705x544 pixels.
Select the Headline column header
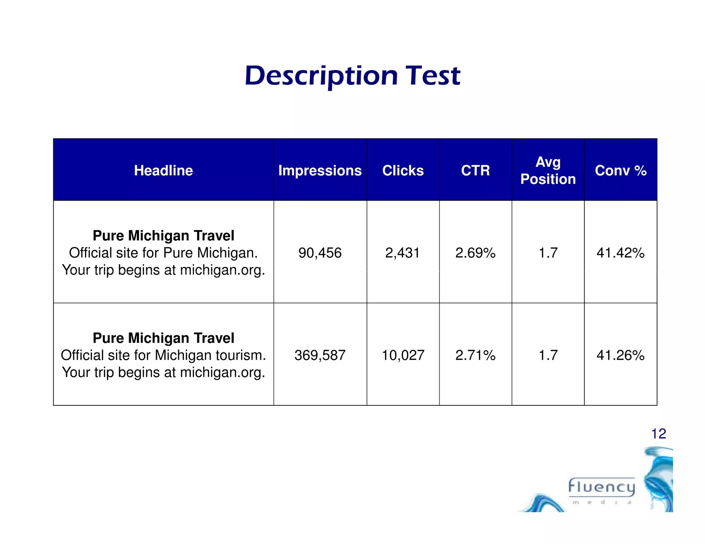point(163,171)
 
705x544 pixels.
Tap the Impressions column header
point(320,171)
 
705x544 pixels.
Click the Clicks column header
point(403,171)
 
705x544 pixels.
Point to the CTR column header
point(475,171)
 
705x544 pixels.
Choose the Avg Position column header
point(548,171)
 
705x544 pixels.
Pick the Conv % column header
point(621,171)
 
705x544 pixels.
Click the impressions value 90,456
point(320,253)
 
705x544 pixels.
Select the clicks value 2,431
point(403,253)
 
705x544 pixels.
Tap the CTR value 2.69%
point(475,253)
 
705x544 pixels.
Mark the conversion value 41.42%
point(620,253)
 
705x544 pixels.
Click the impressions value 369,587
point(320,355)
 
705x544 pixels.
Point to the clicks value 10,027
point(403,355)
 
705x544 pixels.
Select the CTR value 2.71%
point(475,355)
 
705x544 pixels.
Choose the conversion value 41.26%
point(620,355)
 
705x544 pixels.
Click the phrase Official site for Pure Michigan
point(163,253)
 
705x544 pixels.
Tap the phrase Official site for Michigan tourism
point(163,355)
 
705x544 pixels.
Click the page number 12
point(659,434)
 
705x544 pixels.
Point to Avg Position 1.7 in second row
point(548,355)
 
